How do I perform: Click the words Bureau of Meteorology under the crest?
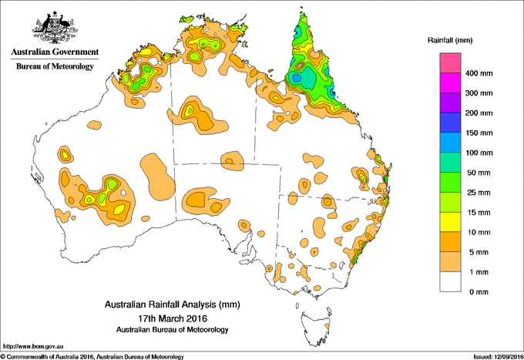[x=54, y=66]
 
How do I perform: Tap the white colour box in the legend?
[x=450, y=281]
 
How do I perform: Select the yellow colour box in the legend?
[x=450, y=222]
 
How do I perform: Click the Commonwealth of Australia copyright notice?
[x=92, y=356]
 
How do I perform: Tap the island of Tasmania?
[x=317, y=321]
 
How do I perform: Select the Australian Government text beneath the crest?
[x=54, y=52]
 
